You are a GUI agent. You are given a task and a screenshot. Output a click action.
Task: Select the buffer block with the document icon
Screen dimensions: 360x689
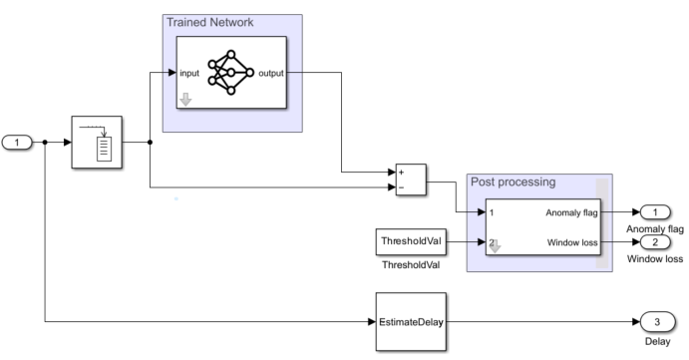[x=97, y=143]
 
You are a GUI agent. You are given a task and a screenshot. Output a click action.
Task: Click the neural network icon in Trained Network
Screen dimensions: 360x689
[x=230, y=73]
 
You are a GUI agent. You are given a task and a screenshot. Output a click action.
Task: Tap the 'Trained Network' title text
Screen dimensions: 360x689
[x=209, y=22]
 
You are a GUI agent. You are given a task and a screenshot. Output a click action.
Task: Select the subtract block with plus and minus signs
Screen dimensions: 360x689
[x=411, y=179]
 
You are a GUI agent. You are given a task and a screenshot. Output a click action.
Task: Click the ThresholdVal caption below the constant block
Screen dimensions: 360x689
[x=409, y=266]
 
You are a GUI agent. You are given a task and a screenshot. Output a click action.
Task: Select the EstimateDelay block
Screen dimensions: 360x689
[x=410, y=322]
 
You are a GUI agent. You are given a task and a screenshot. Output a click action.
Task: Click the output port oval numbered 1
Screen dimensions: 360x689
[x=655, y=211]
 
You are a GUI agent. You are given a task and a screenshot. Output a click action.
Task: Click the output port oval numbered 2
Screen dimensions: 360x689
[x=655, y=241]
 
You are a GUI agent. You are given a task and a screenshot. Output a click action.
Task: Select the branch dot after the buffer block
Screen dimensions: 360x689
[x=150, y=143]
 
